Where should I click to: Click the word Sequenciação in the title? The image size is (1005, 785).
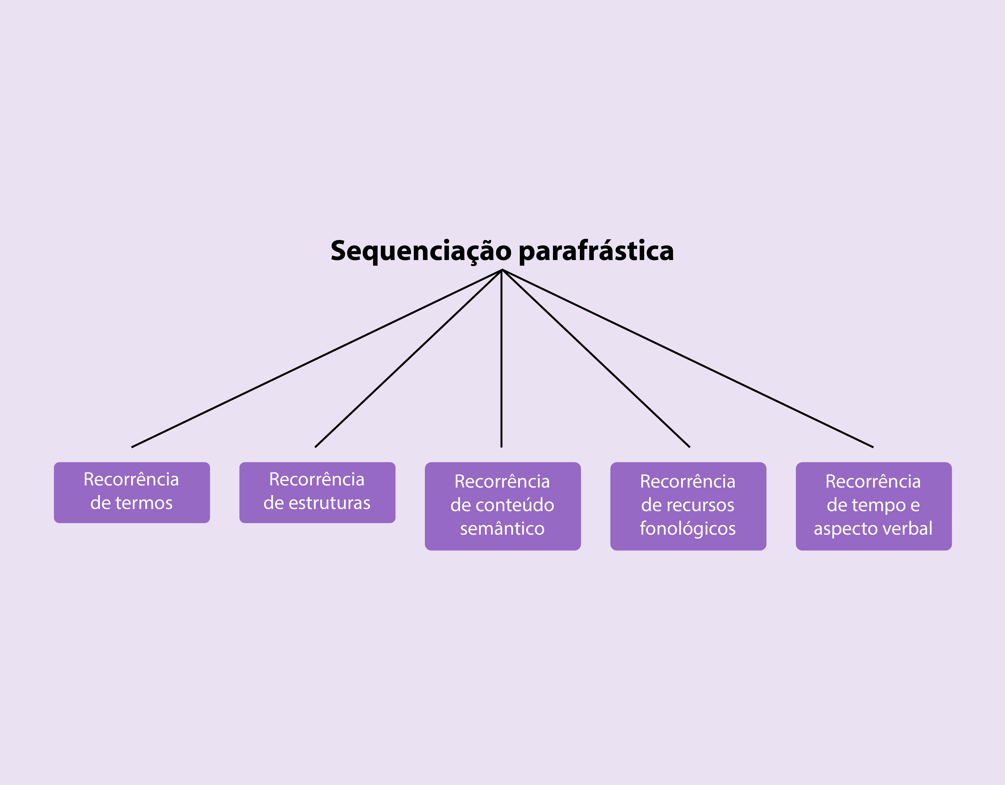coord(421,251)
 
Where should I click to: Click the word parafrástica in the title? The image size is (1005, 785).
coord(596,251)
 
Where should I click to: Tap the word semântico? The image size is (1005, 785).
coord(503,529)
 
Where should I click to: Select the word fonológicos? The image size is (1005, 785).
coord(688,529)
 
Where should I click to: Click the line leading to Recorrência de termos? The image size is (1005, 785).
coord(317,358)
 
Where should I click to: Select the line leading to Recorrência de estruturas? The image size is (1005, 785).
coord(408,358)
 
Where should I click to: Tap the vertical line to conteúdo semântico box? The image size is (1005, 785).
coord(502,358)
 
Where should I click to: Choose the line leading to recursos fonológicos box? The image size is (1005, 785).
coord(596,358)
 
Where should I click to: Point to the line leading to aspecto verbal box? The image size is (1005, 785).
coord(688,358)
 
